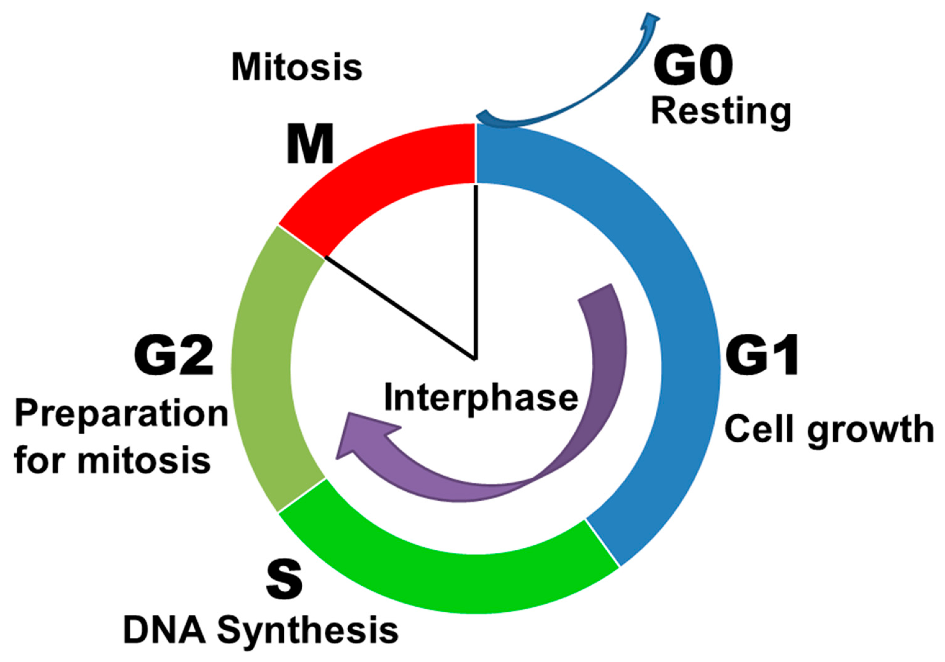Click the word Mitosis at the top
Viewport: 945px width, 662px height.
(297, 68)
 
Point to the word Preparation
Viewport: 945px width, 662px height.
(121, 416)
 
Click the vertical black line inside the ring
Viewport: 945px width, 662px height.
(476, 272)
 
